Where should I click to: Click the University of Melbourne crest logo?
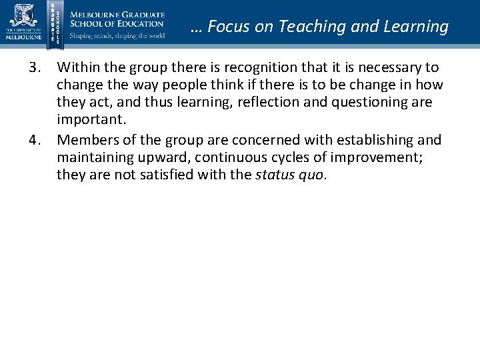tap(23, 16)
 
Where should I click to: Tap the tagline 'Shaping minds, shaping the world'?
tap(117, 36)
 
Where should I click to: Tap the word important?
tap(85, 120)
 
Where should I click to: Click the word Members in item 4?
tap(82, 140)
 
